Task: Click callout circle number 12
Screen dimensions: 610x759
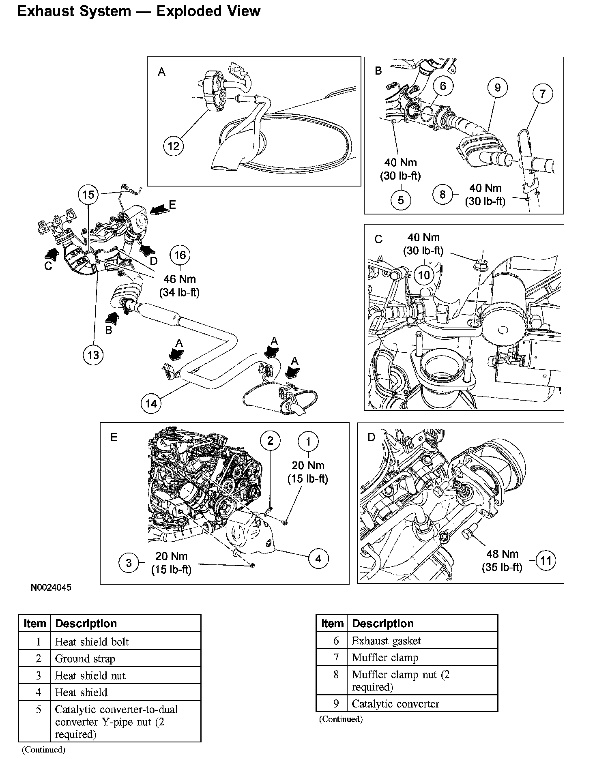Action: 174,146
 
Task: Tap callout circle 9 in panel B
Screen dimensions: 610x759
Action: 497,88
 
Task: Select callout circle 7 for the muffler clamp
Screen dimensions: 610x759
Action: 543,94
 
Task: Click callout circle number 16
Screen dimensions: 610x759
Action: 180,255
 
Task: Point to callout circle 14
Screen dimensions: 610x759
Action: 151,403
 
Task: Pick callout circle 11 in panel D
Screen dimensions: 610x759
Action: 546,561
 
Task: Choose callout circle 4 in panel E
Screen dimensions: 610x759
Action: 318,559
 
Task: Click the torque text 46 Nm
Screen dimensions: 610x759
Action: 180,279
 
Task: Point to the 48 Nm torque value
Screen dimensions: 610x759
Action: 502,554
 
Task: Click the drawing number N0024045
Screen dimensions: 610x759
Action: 51,587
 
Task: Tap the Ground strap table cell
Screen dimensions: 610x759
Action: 125,658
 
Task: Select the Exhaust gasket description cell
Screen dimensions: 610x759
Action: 422,641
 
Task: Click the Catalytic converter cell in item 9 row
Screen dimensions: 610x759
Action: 422,704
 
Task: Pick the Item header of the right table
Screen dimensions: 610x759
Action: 332,624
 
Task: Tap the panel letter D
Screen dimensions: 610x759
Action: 372,437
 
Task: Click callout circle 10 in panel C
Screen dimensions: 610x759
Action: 423,275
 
